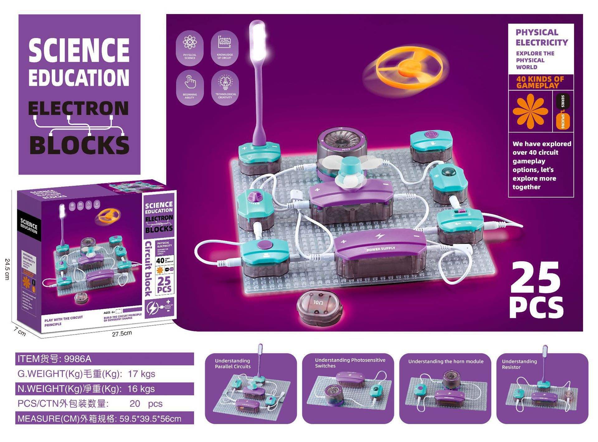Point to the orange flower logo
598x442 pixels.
pos(530,111)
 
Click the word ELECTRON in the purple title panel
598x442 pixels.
pos(78,108)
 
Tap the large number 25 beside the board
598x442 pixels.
pos(535,277)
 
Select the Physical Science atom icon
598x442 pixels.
pos(190,42)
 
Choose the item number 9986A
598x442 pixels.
pos(78,359)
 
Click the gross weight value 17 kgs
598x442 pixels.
pos(141,374)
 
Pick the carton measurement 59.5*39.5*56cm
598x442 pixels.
pos(150,419)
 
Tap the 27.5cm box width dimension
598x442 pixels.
pos(122,334)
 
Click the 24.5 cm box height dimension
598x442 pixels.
pos(7,269)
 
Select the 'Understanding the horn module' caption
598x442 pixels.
pos(446,361)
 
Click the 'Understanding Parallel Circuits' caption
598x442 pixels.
pos(233,363)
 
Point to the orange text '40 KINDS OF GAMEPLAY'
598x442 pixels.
pos(540,82)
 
